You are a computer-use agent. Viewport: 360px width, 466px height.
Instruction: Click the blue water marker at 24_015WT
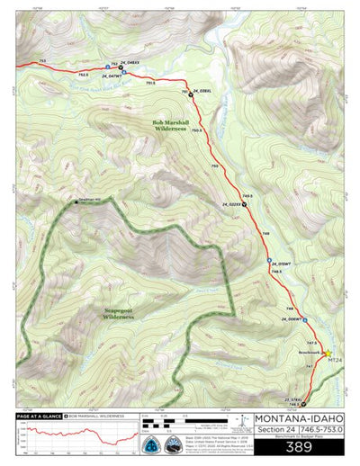[270, 261]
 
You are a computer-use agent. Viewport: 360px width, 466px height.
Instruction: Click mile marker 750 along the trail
[214, 166]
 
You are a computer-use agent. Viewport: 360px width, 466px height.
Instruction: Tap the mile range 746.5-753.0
[320, 431]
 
